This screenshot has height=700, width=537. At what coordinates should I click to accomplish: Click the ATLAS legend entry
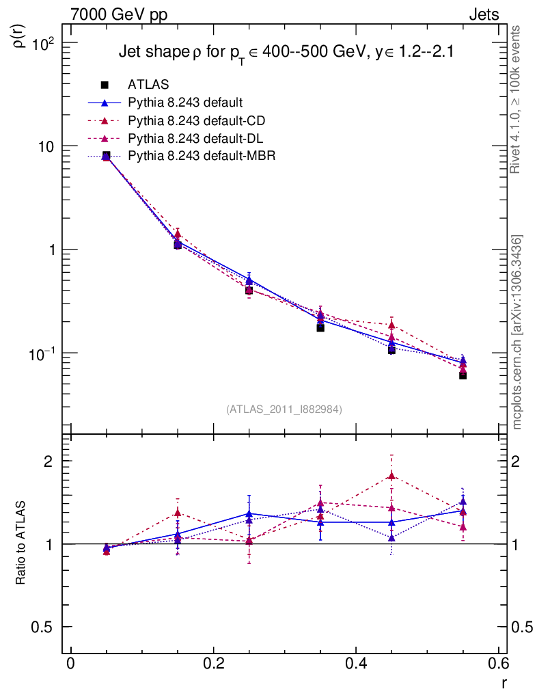point(149,85)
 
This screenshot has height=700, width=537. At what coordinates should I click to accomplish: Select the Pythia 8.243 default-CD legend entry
point(196,121)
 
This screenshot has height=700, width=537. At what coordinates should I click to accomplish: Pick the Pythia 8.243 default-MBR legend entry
point(201,157)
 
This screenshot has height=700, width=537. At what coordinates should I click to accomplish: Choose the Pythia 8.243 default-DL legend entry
point(195,139)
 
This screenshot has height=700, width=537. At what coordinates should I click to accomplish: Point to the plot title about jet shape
point(286,53)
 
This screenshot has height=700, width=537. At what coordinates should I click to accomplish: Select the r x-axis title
point(504,682)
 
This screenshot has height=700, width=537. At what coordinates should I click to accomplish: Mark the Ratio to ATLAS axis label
point(21,544)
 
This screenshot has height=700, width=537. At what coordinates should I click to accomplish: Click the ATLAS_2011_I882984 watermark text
point(284,409)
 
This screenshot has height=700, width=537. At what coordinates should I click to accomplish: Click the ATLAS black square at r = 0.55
point(463,375)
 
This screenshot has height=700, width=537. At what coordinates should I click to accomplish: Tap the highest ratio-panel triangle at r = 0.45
point(391,476)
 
